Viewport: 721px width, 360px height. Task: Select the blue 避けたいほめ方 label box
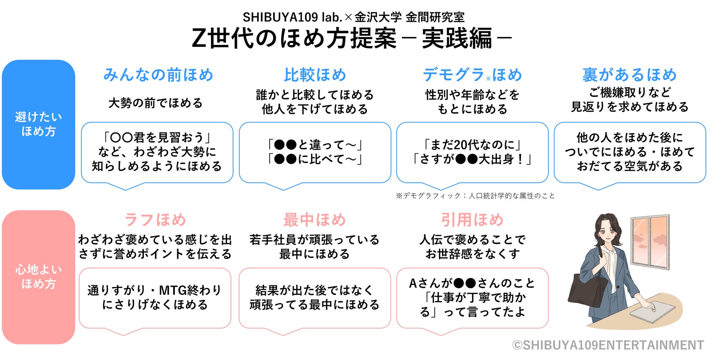pyautogui.click(x=38, y=125)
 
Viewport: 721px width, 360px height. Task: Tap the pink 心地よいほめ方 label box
pyautogui.click(x=38, y=277)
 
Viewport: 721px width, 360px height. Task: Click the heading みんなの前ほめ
pyautogui.click(x=158, y=75)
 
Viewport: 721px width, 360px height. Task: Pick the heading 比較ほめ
pyautogui.click(x=315, y=75)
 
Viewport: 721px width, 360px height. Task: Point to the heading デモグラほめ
pyautogui.click(x=472, y=75)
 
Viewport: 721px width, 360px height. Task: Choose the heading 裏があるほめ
pyautogui.click(x=629, y=75)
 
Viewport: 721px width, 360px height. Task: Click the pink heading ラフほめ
pyautogui.click(x=155, y=220)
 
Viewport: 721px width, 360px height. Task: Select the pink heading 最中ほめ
pyautogui.click(x=315, y=220)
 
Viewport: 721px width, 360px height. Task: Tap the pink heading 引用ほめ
pyautogui.click(x=472, y=220)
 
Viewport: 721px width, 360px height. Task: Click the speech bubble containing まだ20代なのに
pyautogui.click(x=472, y=152)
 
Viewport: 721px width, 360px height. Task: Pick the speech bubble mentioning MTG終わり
pyautogui.click(x=155, y=298)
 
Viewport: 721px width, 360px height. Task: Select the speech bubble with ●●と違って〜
pyautogui.click(x=315, y=152)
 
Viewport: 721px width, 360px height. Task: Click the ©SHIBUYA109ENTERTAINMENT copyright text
pyautogui.click(x=608, y=345)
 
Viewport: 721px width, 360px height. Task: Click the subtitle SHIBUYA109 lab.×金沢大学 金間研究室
pyautogui.click(x=353, y=17)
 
